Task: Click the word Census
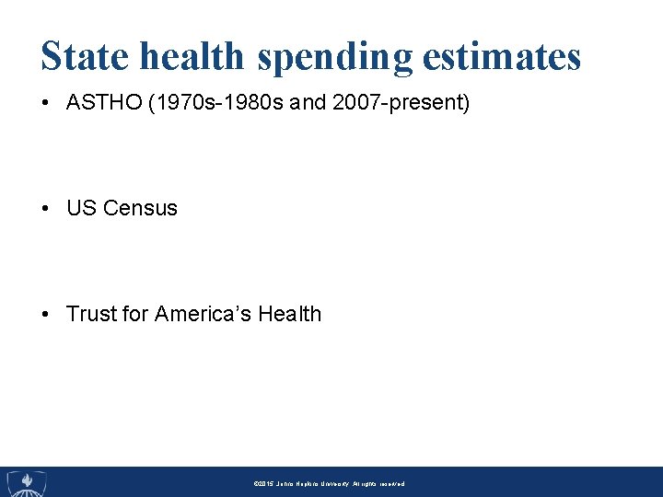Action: click(x=140, y=208)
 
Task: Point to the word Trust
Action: click(x=92, y=314)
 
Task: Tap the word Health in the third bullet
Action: click(x=289, y=314)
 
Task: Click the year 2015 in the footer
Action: click(x=263, y=483)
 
